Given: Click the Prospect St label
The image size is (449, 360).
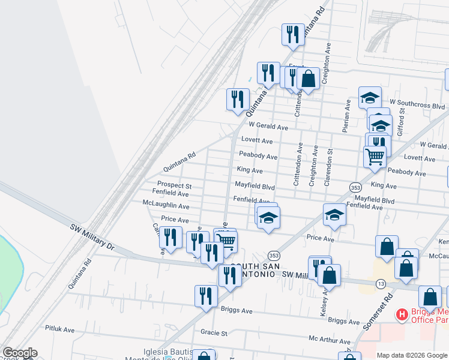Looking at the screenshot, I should pyautogui.click(x=174, y=186).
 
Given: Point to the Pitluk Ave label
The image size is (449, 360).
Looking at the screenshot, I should pyautogui.click(x=59, y=329).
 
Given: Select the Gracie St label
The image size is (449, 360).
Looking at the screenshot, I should pyautogui.click(x=214, y=332).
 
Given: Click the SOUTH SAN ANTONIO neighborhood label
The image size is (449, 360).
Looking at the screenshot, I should pyautogui.click(x=252, y=270).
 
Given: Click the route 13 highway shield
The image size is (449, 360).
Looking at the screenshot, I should pyautogui.click(x=381, y=283).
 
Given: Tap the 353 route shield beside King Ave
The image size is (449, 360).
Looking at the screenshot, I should pyautogui.click(x=355, y=187).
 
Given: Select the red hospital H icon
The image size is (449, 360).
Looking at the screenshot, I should pyautogui.click(x=402, y=314).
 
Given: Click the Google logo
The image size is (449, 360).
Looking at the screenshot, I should pyautogui.click(x=19, y=353).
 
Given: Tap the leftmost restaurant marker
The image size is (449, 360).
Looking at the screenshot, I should pyautogui.click(x=171, y=238).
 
